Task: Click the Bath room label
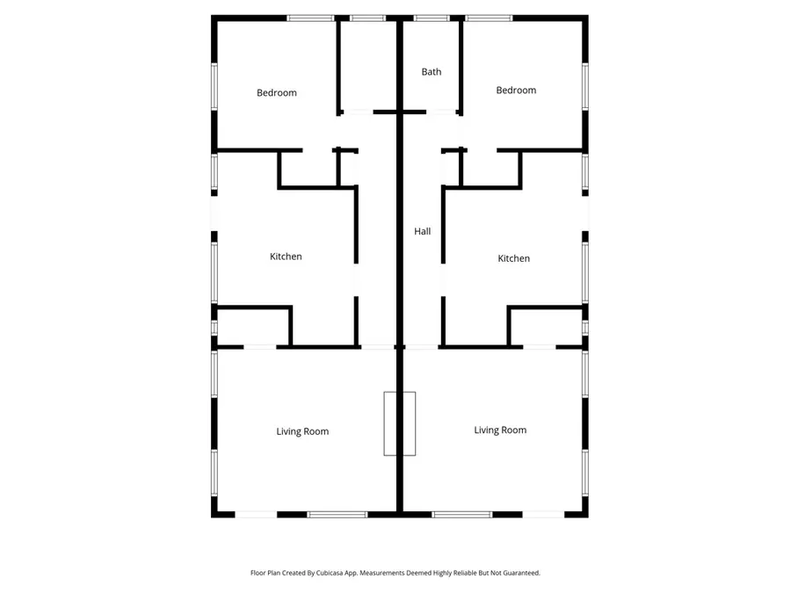pyautogui.click(x=431, y=72)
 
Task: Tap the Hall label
pyautogui.click(x=423, y=232)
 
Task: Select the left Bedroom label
pyautogui.click(x=276, y=93)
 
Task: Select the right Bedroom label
pyautogui.click(x=515, y=90)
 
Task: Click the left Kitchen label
pyautogui.click(x=286, y=257)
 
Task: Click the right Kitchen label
pyautogui.click(x=513, y=258)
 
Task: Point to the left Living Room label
pyautogui.click(x=302, y=431)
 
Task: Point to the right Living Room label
pyautogui.click(x=500, y=430)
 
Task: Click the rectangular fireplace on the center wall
pyautogui.click(x=399, y=423)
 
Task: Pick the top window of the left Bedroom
pyautogui.click(x=310, y=18)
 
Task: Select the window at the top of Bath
pyautogui.click(x=431, y=18)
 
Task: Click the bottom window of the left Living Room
pyautogui.click(x=337, y=514)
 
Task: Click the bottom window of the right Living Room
pyautogui.click(x=462, y=514)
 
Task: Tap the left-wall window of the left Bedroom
pyautogui.click(x=214, y=86)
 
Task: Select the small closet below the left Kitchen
pyautogui.click(x=253, y=327)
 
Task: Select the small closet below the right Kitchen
pyautogui.click(x=545, y=327)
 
